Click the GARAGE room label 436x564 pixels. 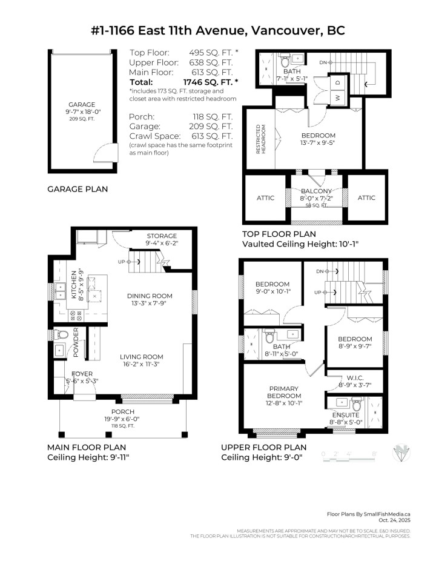pos(81,104)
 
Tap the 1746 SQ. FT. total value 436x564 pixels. pos(210,82)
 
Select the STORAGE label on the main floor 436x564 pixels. pos(161,236)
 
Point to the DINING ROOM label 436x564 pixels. pos(150,296)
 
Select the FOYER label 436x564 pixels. pos(82,374)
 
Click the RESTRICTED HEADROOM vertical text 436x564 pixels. pos(260,139)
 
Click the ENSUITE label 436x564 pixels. pos(355,415)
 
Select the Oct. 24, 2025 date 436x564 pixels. pos(394,519)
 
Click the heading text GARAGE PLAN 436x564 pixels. pos(78,189)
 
